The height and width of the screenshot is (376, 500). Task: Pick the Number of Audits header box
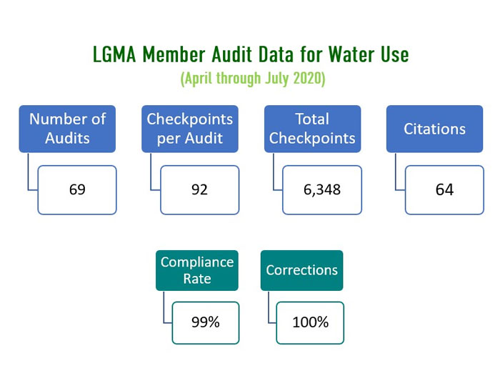click(x=66, y=129)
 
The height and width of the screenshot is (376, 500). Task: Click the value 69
click(x=78, y=190)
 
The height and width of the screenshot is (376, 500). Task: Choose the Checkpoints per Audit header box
click(x=189, y=129)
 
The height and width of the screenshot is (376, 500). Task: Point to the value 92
click(x=200, y=190)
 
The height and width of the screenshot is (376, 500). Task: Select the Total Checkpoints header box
click(x=311, y=129)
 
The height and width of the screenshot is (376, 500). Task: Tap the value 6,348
click(x=322, y=190)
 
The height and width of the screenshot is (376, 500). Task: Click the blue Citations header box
click(x=434, y=129)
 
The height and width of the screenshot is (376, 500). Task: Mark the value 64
click(x=444, y=190)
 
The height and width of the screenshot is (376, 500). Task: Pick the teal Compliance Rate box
click(x=196, y=270)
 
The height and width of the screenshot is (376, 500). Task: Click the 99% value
click(x=206, y=322)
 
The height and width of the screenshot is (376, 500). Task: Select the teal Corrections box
click(x=301, y=270)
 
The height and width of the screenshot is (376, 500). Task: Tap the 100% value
click(x=310, y=322)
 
